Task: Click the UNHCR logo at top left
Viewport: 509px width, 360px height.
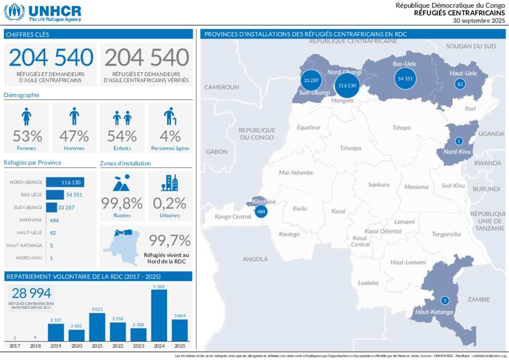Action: [42, 12]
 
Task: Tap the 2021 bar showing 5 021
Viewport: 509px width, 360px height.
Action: [97, 327]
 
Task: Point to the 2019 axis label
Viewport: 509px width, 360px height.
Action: [56, 346]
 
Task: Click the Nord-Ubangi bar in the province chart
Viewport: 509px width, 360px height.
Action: [65, 182]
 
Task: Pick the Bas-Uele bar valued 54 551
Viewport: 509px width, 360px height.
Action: [55, 195]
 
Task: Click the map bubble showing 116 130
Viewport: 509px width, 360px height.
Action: [347, 86]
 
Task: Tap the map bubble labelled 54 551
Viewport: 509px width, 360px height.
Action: [405, 79]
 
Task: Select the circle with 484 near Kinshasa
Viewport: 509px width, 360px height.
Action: [261, 212]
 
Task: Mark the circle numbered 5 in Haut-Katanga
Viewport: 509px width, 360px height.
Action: [445, 300]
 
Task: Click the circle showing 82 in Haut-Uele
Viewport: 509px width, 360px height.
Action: [460, 84]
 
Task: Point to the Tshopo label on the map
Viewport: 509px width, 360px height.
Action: [401, 128]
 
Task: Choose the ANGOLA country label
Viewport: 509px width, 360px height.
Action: [255, 259]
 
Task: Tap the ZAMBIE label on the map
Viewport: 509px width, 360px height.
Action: [478, 299]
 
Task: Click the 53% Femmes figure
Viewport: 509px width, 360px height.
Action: [27, 136]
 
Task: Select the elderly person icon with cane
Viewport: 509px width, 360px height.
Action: [170, 116]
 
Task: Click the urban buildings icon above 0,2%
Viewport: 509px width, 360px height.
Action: [170, 182]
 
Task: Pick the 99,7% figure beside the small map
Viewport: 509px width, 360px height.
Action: [170, 241]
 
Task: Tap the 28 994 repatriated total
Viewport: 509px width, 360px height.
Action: [31, 293]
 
